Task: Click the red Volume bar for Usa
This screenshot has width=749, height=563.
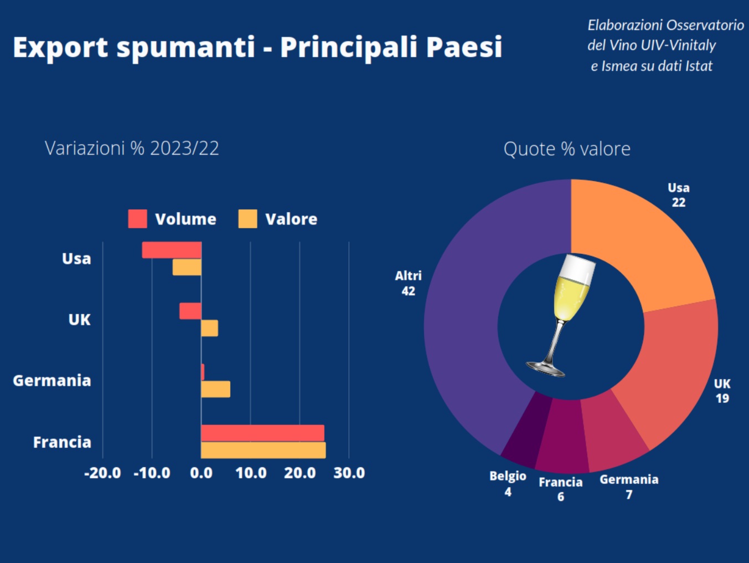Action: click(172, 250)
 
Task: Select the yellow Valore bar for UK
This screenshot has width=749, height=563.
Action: click(209, 328)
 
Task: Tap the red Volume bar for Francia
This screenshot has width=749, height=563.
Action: click(262, 433)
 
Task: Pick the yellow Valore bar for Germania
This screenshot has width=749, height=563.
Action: click(215, 389)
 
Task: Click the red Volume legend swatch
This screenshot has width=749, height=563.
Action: click(137, 219)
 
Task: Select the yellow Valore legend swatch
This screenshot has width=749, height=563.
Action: click(247, 219)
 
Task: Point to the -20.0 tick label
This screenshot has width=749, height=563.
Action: click(102, 473)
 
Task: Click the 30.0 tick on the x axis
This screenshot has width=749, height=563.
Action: click(349, 473)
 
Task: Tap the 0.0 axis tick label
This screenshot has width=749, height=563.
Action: click(201, 473)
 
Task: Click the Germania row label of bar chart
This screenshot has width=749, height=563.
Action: click(52, 381)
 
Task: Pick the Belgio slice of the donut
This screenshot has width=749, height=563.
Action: click(526, 429)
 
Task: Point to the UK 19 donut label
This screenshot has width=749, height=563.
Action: click(722, 391)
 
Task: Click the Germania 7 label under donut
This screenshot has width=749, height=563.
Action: click(629, 487)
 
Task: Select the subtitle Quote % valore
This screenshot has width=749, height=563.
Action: click(567, 149)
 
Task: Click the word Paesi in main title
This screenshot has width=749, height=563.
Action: click(464, 47)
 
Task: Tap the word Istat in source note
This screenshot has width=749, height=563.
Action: click(699, 66)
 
